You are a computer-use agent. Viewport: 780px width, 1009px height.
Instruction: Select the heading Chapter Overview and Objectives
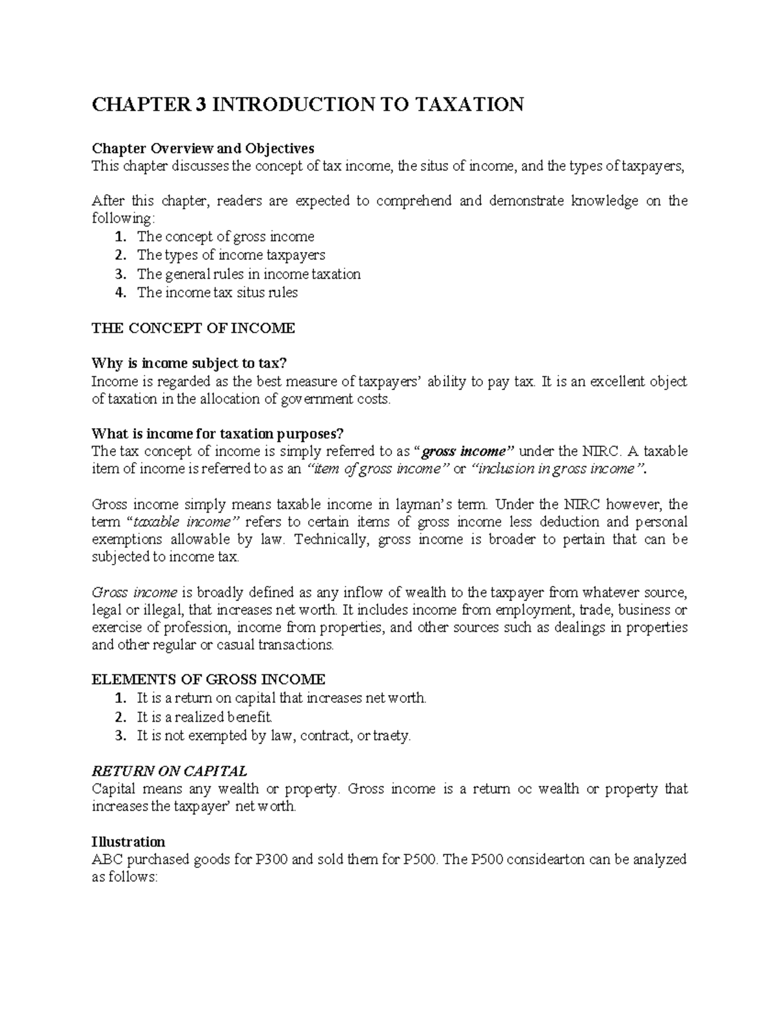point(203,148)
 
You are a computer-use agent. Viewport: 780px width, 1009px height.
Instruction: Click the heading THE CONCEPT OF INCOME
point(193,328)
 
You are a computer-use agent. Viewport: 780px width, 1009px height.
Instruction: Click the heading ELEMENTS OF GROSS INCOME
point(208,680)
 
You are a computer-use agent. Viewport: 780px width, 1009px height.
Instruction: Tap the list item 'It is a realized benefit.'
point(205,717)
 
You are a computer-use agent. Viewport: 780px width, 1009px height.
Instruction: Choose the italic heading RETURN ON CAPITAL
point(169,771)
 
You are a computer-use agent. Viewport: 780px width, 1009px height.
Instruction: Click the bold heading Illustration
point(128,842)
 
